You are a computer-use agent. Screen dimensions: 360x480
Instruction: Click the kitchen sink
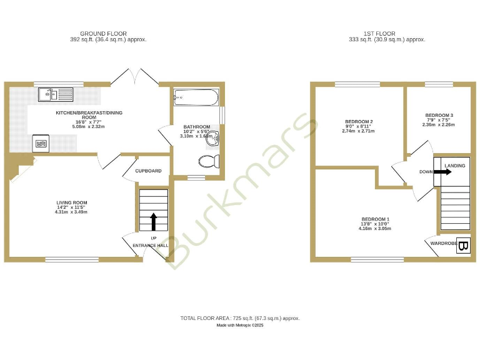pyautogui.click(x=55, y=95)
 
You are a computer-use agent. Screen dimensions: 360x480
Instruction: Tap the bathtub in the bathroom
pyautogui.click(x=196, y=97)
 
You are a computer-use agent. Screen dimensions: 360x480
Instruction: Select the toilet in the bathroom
pyautogui.click(x=209, y=162)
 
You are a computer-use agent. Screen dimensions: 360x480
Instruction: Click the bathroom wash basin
pyautogui.click(x=214, y=138)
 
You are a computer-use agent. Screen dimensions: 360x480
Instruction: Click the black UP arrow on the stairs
pyautogui.click(x=153, y=221)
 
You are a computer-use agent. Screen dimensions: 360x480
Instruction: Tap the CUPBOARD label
pyautogui.click(x=149, y=171)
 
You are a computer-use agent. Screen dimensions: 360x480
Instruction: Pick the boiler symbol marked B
pyautogui.click(x=463, y=246)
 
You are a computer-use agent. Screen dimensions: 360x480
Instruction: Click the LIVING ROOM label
pyautogui.click(x=72, y=202)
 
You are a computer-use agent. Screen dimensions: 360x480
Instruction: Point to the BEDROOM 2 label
pyautogui.click(x=359, y=121)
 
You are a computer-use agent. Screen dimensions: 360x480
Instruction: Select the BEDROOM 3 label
pyautogui.click(x=439, y=116)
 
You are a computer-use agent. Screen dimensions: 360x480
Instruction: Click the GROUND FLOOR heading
pyautogui.click(x=103, y=33)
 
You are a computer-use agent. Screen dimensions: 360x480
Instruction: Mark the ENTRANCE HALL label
pyautogui.click(x=151, y=246)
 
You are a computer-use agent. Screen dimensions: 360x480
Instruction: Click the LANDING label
pyautogui.click(x=455, y=166)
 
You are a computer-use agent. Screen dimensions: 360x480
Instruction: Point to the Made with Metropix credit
pyautogui.click(x=240, y=325)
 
